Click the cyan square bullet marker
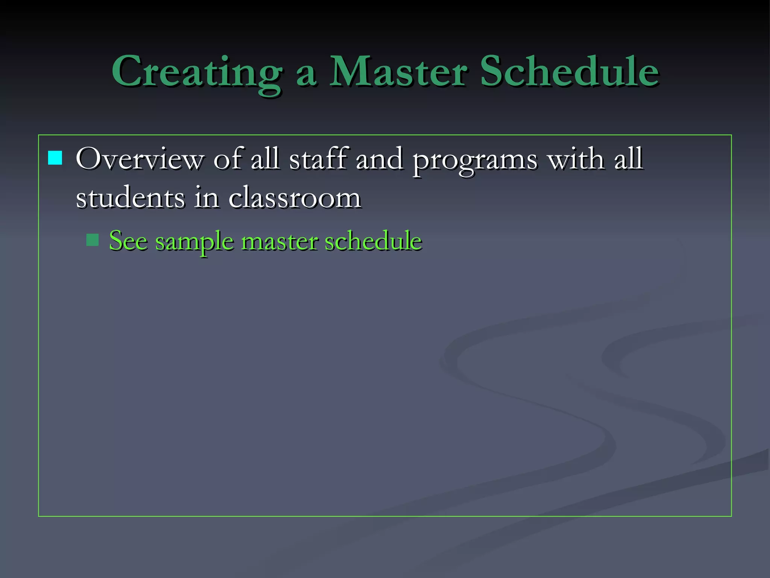(55, 158)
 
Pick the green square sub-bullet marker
(92, 240)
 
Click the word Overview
(139, 159)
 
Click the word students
(130, 197)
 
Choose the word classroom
(295, 197)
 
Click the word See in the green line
(128, 240)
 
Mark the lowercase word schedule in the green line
(373, 240)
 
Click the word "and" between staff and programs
(379, 158)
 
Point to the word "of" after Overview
(228, 158)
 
